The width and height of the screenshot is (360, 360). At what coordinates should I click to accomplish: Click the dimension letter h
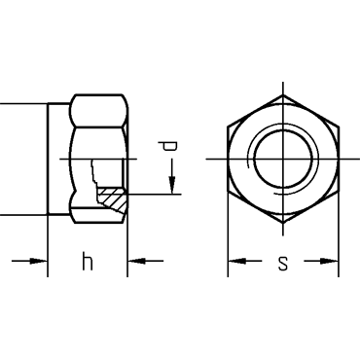tap(88, 261)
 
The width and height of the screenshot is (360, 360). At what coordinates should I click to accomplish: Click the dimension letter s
tap(283, 264)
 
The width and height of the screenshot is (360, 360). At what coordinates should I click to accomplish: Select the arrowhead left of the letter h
tap(39, 261)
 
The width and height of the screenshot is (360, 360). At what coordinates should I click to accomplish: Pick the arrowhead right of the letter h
tap(136, 261)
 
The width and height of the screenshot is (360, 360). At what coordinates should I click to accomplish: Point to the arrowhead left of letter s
tap(236, 261)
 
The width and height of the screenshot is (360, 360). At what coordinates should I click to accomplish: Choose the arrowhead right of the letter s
tap(329, 261)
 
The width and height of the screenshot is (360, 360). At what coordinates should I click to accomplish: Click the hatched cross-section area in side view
tap(112, 198)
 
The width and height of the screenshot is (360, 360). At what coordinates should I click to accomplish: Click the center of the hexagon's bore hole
tap(283, 159)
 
